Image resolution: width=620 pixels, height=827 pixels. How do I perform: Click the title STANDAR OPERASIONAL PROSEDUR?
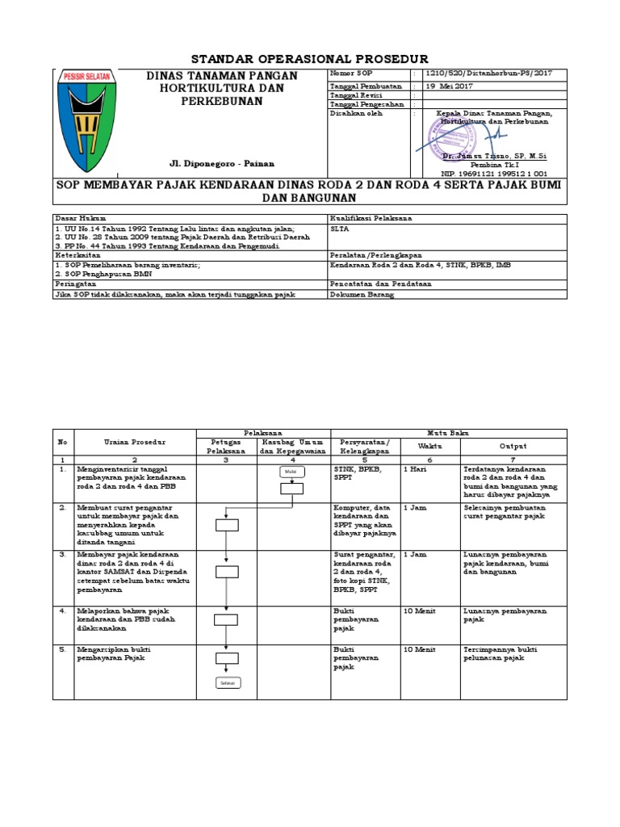point(309,59)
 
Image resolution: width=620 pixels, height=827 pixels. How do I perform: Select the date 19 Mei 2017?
point(450,85)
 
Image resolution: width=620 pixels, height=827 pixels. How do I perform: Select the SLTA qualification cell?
point(338,229)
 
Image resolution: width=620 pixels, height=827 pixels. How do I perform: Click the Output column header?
point(513,446)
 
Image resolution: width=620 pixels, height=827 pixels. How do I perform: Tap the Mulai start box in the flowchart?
point(291,472)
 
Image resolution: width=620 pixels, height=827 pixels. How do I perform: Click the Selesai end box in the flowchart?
point(227,683)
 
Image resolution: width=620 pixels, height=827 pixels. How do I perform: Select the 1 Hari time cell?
point(416,468)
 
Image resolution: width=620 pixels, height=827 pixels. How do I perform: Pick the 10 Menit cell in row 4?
point(419,611)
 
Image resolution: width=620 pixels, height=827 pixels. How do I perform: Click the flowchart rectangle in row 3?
point(227,572)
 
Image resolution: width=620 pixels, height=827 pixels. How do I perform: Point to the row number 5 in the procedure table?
point(62,649)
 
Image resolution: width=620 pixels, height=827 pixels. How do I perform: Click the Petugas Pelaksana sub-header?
point(226,446)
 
